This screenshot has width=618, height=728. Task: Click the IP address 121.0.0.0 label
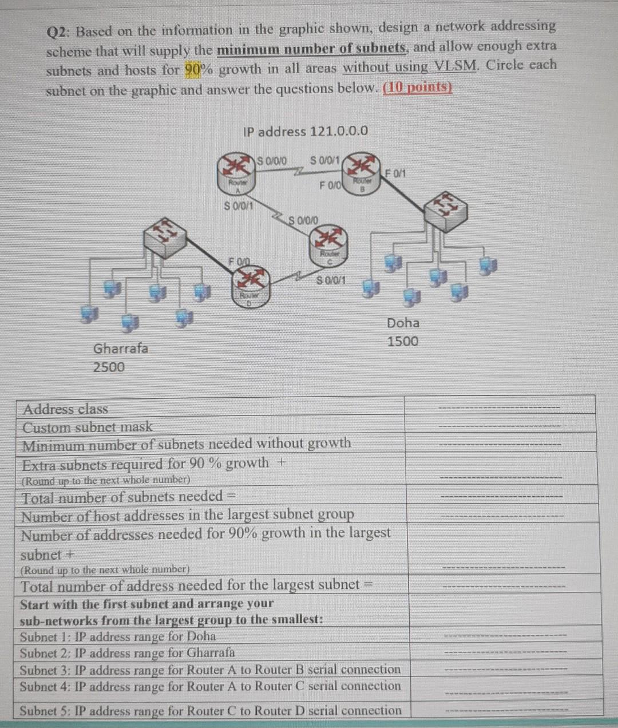(x=305, y=132)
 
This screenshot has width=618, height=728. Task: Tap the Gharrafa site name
(x=120, y=349)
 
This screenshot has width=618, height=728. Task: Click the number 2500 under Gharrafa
(x=109, y=367)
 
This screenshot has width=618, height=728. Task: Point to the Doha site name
(x=403, y=323)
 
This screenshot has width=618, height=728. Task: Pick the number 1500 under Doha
(x=403, y=342)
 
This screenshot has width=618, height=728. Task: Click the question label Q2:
(x=59, y=32)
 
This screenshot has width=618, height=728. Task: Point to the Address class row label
(x=65, y=409)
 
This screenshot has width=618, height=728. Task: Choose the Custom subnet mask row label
(x=88, y=427)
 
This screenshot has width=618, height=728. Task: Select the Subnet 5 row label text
(x=210, y=711)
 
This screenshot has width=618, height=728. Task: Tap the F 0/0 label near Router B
(x=330, y=185)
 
